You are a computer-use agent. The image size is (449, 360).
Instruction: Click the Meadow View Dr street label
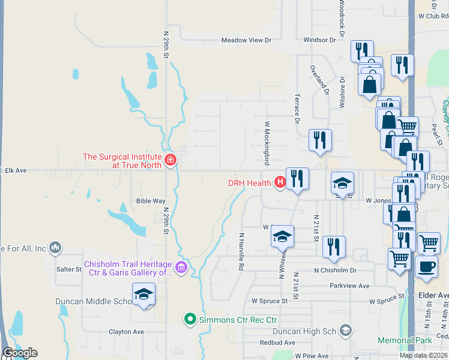point(246,40)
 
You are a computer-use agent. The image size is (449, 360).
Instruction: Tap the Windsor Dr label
point(319,40)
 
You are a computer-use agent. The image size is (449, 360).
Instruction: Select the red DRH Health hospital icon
point(279,182)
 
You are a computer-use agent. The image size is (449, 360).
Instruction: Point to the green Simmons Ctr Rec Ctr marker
point(190,319)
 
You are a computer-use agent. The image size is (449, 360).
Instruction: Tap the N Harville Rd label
point(241,251)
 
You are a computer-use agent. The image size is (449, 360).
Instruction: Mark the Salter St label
point(69,269)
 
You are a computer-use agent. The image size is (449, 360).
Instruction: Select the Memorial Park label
point(405,340)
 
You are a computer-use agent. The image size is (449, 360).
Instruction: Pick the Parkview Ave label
point(349,286)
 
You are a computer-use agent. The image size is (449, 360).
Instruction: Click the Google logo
point(20,353)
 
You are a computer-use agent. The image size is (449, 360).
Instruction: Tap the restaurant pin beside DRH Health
point(297,179)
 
